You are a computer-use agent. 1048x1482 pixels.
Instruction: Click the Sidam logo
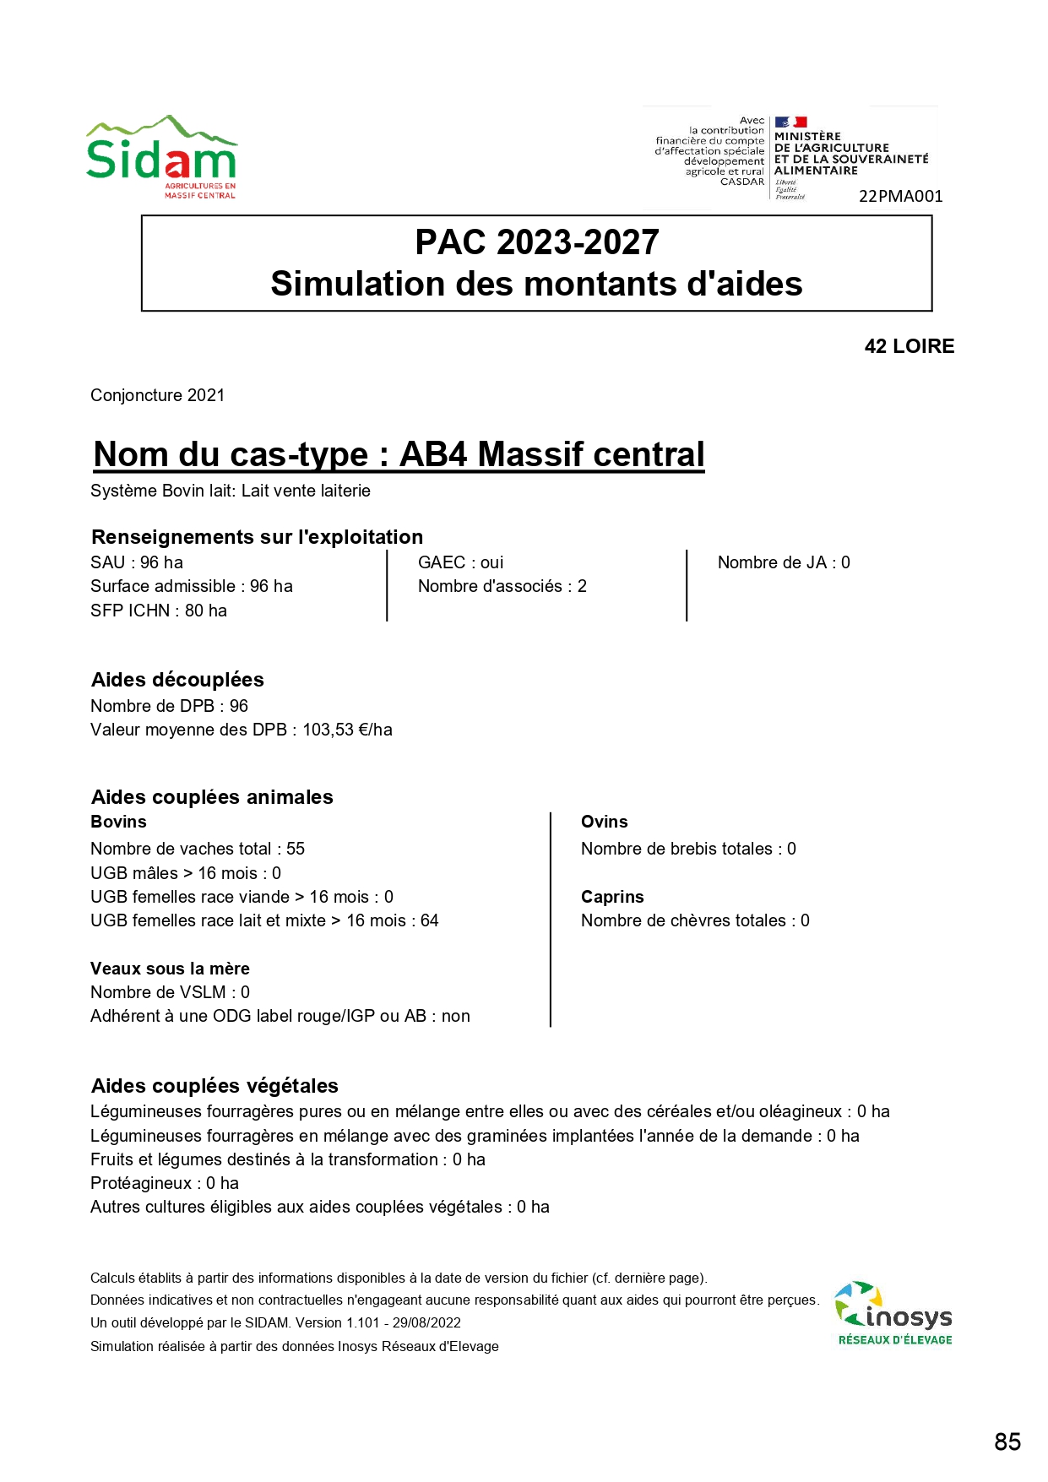point(161,157)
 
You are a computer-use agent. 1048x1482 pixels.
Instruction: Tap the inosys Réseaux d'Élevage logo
point(894,1314)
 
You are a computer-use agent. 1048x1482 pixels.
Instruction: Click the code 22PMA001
point(900,196)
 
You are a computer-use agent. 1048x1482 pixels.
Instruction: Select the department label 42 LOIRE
point(909,346)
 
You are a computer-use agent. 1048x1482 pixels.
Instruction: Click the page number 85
point(1007,1441)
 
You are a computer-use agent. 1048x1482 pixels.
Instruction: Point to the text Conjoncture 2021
point(158,395)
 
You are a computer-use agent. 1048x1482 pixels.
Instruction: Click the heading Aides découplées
point(177,680)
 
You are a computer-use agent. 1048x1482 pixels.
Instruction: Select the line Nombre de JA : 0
point(784,562)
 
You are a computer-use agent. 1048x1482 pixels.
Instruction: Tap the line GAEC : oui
point(460,562)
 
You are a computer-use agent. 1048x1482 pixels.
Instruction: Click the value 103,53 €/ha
point(347,730)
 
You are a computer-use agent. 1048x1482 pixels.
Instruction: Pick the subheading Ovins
point(604,822)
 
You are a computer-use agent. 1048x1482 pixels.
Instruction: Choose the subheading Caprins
point(612,897)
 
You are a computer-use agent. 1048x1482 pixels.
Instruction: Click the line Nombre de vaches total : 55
point(198,849)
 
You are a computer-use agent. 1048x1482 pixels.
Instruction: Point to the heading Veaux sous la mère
point(170,969)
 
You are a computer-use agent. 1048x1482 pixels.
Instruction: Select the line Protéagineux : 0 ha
point(165,1183)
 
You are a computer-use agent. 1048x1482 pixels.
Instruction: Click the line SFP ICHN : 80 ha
point(159,611)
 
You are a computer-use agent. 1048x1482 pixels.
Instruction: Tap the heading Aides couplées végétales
point(214,1086)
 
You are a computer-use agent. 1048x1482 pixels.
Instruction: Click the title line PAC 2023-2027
point(536,242)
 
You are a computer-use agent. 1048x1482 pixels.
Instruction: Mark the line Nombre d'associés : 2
point(502,586)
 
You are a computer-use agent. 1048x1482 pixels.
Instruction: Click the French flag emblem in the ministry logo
point(791,122)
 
